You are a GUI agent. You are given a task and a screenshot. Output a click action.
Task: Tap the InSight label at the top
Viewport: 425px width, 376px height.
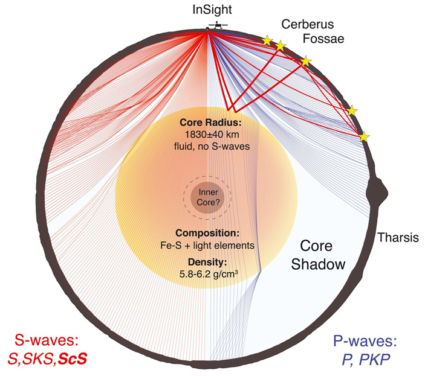[x=212, y=10]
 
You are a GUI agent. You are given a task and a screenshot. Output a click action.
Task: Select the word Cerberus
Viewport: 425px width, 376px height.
[x=307, y=24]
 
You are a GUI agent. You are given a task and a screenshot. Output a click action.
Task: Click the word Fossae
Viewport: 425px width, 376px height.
[x=323, y=39]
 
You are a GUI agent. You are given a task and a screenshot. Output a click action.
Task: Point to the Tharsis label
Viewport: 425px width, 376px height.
[x=398, y=238]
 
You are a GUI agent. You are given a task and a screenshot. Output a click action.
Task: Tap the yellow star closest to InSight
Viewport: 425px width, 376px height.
[x=267, y=40]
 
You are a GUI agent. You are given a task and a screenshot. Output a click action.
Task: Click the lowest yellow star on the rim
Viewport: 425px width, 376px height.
[x=365, y=137]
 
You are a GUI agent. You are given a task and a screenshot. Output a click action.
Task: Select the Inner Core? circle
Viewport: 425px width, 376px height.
[x=207, y=196]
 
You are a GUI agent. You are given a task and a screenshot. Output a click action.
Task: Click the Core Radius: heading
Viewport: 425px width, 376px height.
[x=210, y=123]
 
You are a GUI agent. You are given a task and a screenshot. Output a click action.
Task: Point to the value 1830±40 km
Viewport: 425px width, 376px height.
[x=212, y=135]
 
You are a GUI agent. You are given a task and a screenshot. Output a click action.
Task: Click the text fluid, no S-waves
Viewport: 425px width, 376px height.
[x=212, y=146]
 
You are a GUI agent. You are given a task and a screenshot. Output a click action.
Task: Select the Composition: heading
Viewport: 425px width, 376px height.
[x=207, y=233]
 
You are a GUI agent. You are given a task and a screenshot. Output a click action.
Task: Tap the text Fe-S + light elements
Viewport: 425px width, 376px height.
[x=207, y=246]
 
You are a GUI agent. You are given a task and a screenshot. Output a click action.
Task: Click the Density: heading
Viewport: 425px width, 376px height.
[x=207, y=262]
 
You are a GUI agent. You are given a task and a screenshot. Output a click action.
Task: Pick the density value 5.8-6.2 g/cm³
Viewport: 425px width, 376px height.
[x=209, y=274]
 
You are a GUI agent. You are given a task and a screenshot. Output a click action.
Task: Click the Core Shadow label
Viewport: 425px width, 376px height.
[x=318, y=255]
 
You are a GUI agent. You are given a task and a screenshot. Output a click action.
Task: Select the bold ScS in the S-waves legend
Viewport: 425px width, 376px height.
[x=73, y=359]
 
